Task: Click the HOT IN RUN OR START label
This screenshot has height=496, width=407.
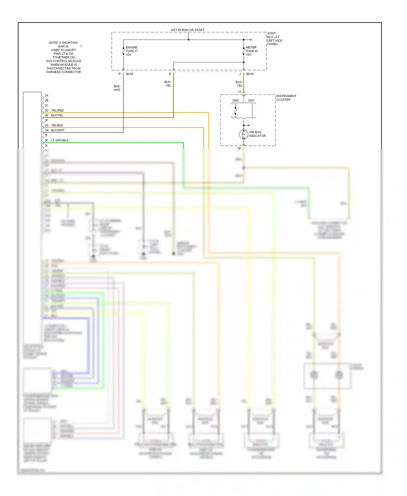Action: pos(187,30)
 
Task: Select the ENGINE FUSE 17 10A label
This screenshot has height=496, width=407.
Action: pos(132,51)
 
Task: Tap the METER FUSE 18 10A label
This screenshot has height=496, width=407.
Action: pos(252,51)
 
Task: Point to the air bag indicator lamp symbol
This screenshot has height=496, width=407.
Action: pos(243,134)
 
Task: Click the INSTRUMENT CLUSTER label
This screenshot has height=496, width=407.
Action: pos(286,98)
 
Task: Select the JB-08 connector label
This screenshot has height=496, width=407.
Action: pos(129,74)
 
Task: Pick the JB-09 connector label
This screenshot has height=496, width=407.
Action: pos(250,74)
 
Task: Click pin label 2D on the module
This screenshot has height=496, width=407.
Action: pos(46,110)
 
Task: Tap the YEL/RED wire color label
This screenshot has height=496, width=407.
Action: pos(58,110)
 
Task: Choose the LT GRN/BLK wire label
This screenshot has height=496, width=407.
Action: pos(60,140)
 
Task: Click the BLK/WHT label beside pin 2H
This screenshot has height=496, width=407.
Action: pos(58,130)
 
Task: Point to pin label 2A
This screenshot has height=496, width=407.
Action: pos(46,95)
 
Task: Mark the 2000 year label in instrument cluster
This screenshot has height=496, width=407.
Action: pos(235,100)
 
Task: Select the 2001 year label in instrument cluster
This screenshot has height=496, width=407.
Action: pos(251,100)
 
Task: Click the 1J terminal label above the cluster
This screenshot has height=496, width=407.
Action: pos(239,92)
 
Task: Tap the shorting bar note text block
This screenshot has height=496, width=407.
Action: pos(63,57)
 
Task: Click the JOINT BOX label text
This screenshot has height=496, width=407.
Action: pos(275,39)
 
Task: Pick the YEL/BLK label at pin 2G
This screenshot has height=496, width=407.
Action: pos(57,125)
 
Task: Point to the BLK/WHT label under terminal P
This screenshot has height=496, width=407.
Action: pos(117,88)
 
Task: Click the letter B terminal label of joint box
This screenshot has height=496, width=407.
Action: pos(170,74)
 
